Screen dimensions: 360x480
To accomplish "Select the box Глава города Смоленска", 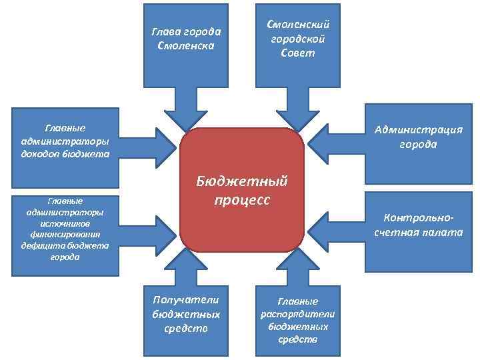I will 187,40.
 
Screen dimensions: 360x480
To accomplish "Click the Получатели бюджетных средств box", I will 186,317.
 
